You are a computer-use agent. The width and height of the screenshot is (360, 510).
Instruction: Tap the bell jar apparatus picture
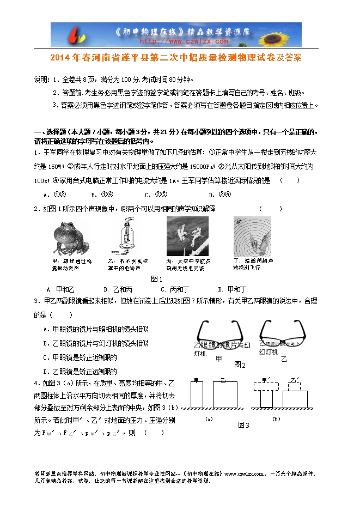pos(124,234)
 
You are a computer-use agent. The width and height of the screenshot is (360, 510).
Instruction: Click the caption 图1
pos(157,279)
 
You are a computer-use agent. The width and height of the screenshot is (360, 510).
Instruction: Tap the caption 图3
pos(243,425)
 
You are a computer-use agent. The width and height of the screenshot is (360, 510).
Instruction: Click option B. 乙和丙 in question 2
pos(118,289)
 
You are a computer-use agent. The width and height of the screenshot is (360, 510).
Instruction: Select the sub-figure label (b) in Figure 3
pos(276,418)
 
